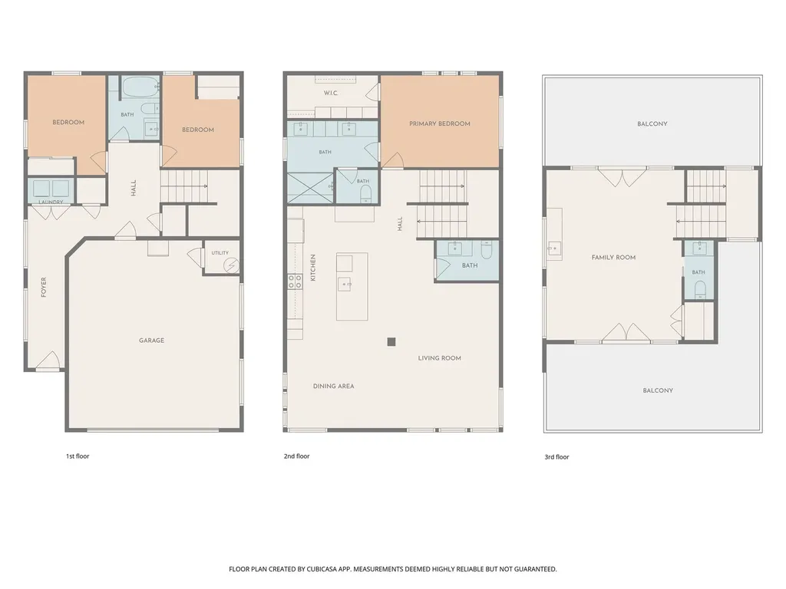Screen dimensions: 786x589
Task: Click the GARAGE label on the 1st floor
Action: [151, 341]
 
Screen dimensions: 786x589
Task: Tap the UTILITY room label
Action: [220, 253]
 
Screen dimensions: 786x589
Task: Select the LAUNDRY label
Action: [51, 202]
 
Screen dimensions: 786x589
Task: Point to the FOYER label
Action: [44, 287]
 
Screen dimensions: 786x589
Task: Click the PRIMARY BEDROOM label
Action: [440, 123]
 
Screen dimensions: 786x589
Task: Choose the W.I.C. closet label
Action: [331, 93]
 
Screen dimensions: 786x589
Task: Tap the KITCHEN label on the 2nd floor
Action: [313, 268]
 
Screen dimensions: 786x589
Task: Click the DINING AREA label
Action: [333, 387]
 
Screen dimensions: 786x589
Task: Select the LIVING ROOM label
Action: [440, 358]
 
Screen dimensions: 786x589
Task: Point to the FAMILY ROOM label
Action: [613, 258]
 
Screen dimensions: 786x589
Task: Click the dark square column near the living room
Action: [391, 342]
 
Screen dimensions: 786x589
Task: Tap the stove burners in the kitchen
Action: [295, 281]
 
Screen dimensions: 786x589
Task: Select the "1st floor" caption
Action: [78, 456]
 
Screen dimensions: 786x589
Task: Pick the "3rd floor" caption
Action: [557, 457]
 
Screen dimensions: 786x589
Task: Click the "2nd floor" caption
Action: [297, 456]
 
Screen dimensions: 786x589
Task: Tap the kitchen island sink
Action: [345, 284]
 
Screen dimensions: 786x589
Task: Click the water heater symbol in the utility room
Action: [232, 265]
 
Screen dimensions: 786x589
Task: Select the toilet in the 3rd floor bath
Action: [700, 289]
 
